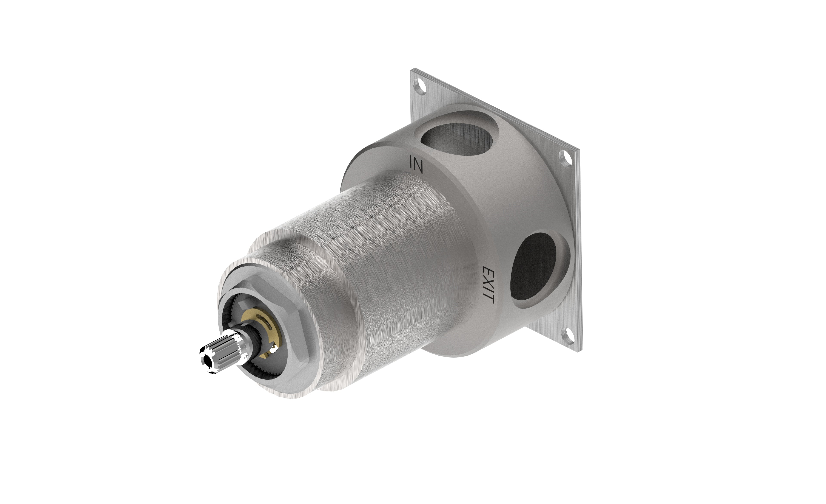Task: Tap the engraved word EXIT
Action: pos(488,285)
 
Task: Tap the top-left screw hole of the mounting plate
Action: pos(419,87)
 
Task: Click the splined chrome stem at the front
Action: pos(220,351)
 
